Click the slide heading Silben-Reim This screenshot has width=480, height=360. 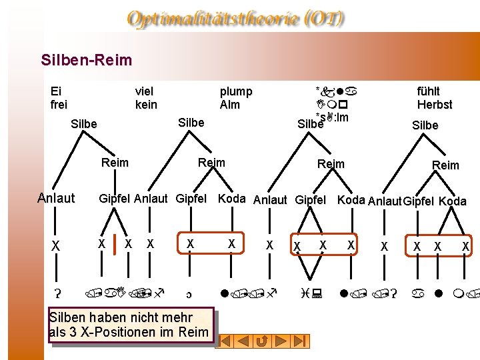pos(87,61)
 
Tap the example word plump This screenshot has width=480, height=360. pos(236,91)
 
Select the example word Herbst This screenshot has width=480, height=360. pos(435,105)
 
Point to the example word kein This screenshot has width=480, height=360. pos(146,105)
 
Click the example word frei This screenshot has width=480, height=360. pos(59,105)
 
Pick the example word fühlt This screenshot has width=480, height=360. pos(429,91)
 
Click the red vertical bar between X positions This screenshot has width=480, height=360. pos(114,245)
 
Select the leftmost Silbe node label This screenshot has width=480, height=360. pos(83,124)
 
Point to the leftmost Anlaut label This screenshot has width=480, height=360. pos(56,198)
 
